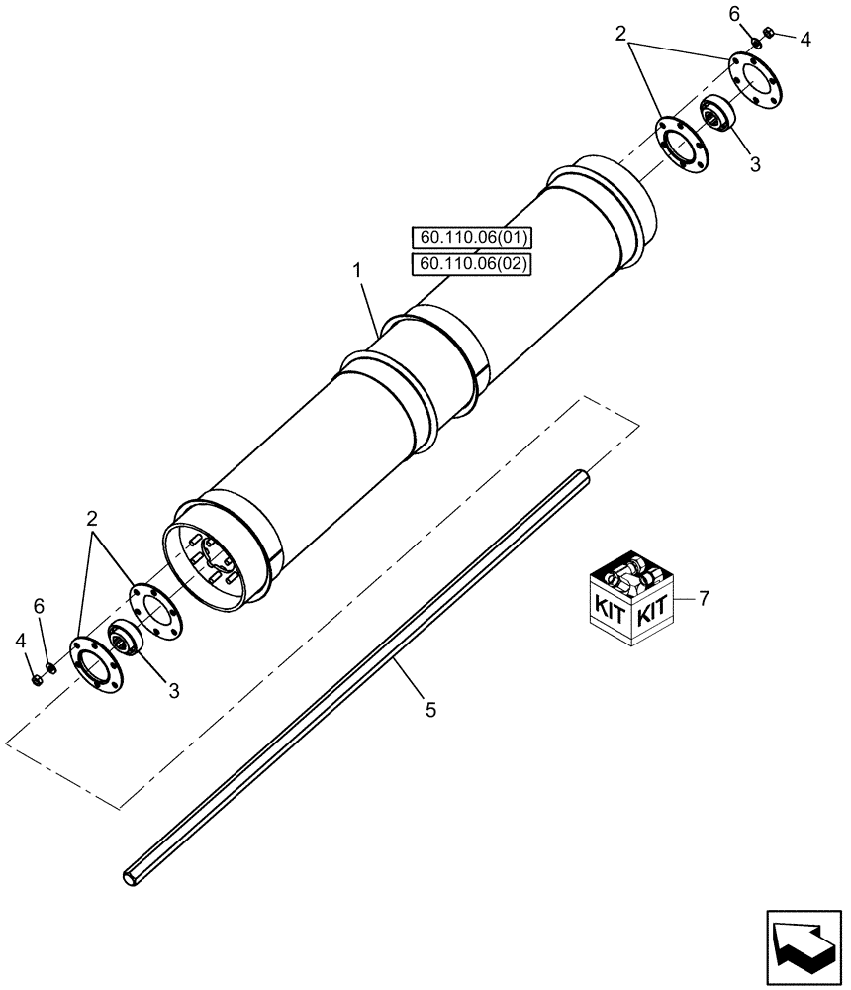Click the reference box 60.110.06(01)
[x=471, y=238]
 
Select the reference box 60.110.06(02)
[x=471, y=263]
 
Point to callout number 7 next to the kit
[x=704, y=598]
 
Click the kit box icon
[x=632, y=598]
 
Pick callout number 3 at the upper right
[x=755, y=165]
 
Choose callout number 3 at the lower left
[x=174, y=691]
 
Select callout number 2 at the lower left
[x=92, y=518]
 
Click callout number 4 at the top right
[x=805, y=40]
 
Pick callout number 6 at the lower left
[x=40, y=605]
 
